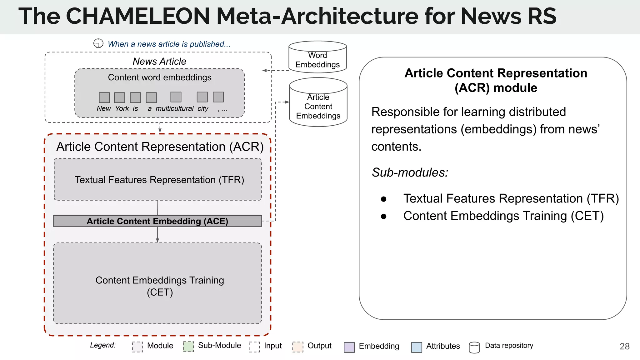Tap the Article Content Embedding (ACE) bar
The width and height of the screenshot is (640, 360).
coord(157,221)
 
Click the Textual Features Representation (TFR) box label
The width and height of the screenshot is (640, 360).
coord(159,180)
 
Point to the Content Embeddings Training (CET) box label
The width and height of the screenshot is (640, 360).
coord(160,286)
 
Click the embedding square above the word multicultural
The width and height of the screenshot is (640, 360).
coord(176,97)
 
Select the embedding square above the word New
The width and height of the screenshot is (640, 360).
coord(104,97)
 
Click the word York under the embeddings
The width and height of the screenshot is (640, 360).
coord(122,108)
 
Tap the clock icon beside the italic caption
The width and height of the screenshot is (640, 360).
coord(98,43)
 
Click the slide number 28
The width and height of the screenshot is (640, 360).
coord(624,346)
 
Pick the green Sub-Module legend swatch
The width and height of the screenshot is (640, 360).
coord(188,347)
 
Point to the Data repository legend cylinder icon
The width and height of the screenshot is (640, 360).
coord(474,347)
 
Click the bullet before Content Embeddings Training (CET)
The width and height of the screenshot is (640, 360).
coord(384,216)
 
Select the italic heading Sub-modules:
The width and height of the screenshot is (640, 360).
coord(410,172)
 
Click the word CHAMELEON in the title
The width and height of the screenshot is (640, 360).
coord(138,16)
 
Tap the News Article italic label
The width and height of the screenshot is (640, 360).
coord(159,61)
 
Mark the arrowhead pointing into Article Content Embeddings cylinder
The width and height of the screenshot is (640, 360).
coord(287,102)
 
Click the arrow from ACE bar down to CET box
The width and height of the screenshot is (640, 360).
coord(157,235)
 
